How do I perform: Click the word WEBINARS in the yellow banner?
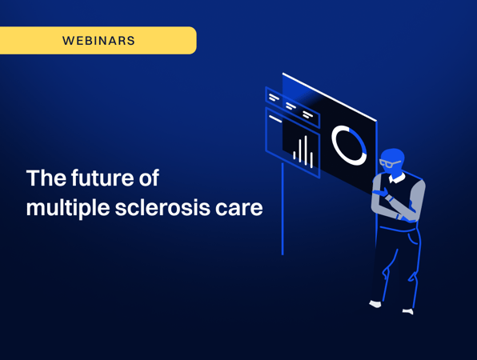[98, 41]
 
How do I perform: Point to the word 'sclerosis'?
[162, 208]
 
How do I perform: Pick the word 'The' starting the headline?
[46, 178]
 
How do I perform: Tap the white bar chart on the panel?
[303, 152]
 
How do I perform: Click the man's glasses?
[390, 163]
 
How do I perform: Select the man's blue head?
[393, 162]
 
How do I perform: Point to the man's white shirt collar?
[397, 178]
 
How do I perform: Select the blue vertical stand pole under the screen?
[283, 209]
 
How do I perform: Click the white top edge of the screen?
[330, 97]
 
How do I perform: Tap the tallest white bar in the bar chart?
[306, 150]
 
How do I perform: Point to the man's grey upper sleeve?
[417, 194]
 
